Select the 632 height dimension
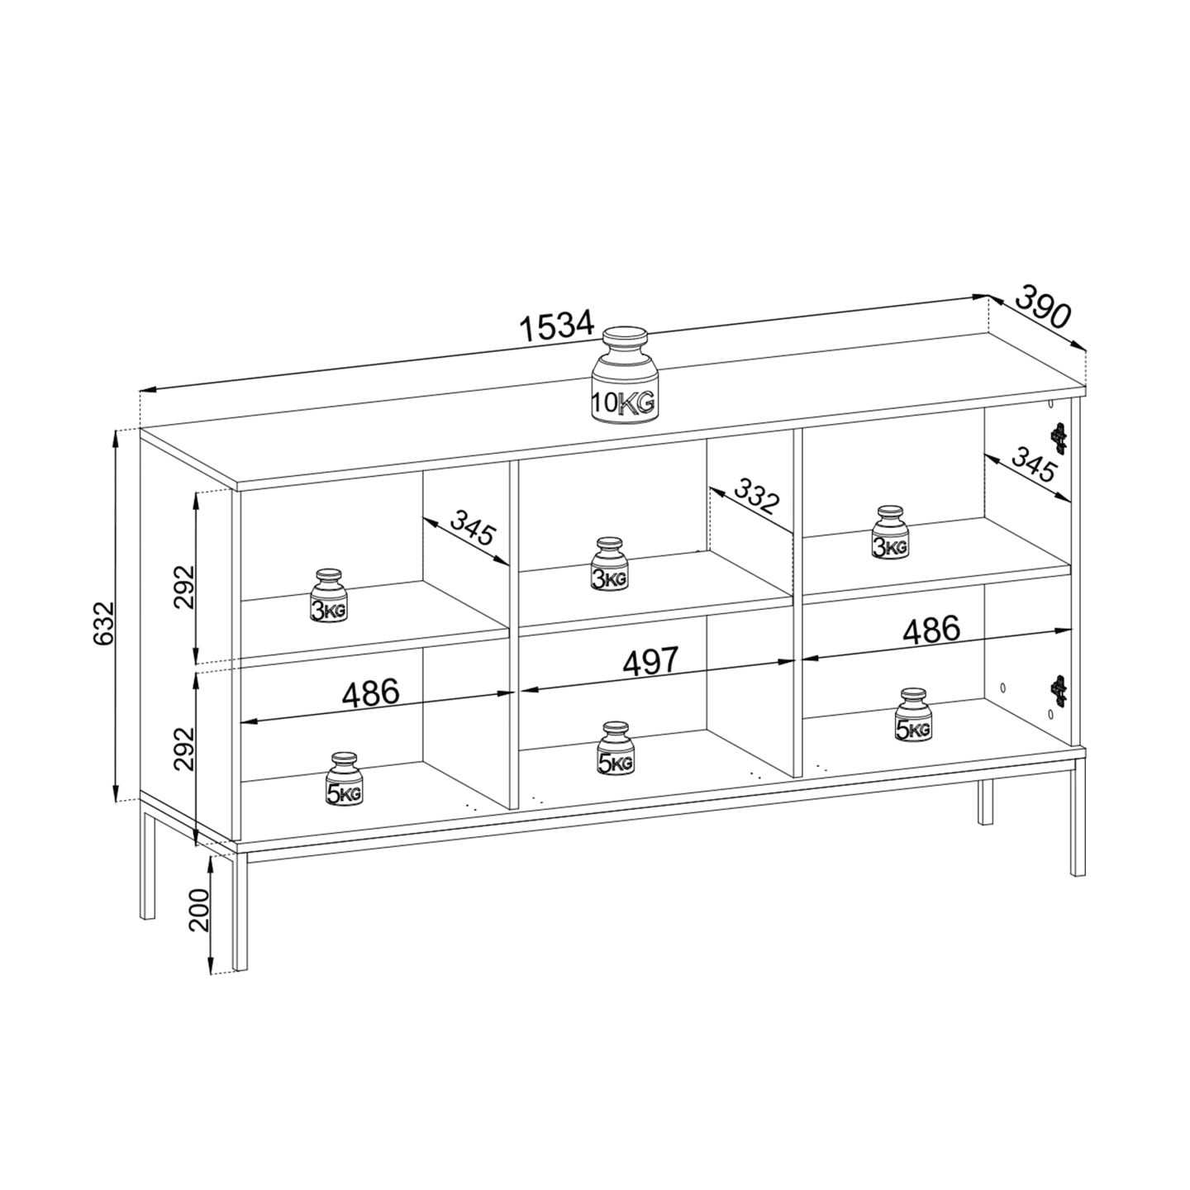[104, 623]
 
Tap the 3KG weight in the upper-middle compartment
[610, 564]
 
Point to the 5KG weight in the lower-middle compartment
[615, 749]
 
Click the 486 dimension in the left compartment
[370, 693]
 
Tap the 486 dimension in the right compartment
[932, 630]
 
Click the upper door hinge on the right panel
[1059, 439]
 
